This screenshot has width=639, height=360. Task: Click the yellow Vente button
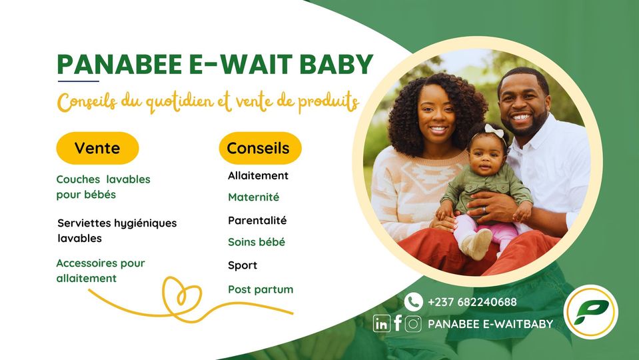[x=97, y=148]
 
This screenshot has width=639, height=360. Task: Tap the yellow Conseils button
[x=260, y=148]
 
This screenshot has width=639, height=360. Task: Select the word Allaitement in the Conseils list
[x=258, y=176]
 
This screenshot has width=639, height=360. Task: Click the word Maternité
[x=253, y=197]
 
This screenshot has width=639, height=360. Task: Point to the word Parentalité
[x=257, y=221]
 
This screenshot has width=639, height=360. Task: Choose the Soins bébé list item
[x=257, y=242]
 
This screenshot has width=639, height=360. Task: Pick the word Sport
[x=243, y=266]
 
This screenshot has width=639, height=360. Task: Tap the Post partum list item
[x=261, y=289]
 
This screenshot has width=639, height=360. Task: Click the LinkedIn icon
[x=381, y=324]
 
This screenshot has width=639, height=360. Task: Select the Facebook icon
[x=398, y=323]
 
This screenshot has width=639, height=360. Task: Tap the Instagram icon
[x=413, y=324]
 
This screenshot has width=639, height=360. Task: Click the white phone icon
[x=413, y=302]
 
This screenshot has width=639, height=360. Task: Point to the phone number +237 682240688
[x=472, y=302]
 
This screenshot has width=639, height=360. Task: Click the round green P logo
[x=590, y=312]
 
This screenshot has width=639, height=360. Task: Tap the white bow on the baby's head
[x=494, y=131]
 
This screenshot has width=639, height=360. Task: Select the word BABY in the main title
[x=336, y=65]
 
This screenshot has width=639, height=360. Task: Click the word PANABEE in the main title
[x=119, y=65]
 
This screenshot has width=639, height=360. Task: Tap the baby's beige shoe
[x=477, y=244]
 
